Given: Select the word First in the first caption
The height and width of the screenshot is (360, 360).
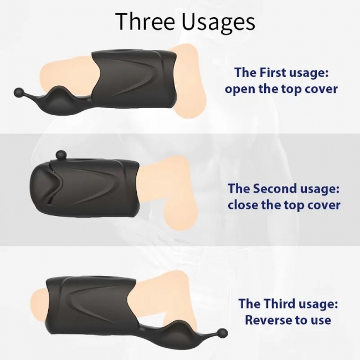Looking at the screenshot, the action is (x=272, y=72).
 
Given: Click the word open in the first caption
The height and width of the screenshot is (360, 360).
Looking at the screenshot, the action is (x=240, y=89).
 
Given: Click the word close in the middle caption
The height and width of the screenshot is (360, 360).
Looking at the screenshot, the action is (x=243, y=204).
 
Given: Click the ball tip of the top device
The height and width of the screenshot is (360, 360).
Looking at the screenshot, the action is (x=19, y=92).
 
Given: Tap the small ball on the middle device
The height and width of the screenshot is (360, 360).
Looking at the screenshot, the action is (x=61, y=155).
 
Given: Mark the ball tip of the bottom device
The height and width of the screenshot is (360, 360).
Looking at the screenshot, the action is (x=222, y=333).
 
